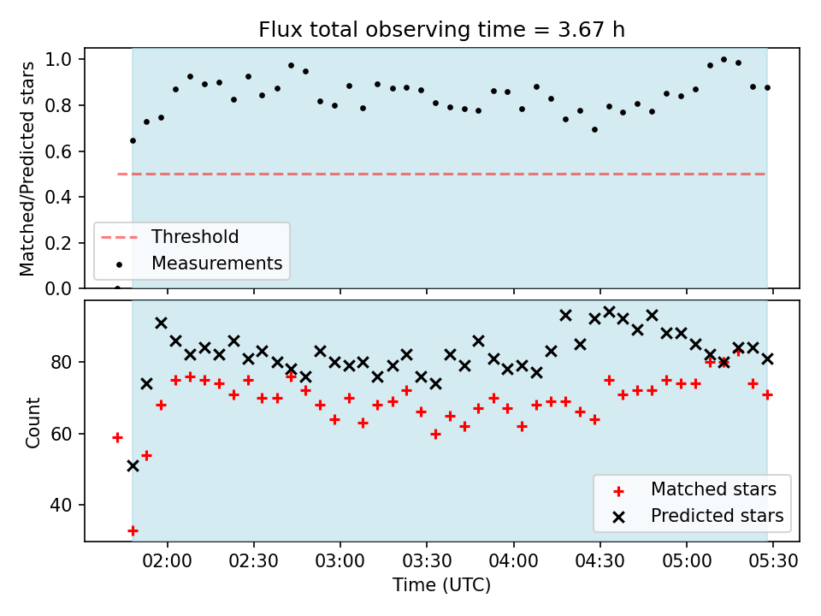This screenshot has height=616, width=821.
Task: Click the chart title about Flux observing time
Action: [x=442, y=29]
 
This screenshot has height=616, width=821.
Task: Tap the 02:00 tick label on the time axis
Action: [x=168, y=561]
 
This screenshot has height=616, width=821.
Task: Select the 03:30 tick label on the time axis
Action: [x=427, y=561]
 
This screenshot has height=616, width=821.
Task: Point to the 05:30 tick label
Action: [x=773, y=561]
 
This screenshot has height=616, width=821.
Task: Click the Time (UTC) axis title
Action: [x=442, y=584]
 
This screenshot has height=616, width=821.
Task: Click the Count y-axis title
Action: [x=32, y=422]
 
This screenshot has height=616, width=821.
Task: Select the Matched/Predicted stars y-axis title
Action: [x=27, y=169]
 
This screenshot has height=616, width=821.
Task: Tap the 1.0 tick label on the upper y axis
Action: [x=58, y=59]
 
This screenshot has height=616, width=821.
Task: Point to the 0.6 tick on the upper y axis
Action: [x=58, y=151]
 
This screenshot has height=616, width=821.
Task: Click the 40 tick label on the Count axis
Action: [x=61, y=505]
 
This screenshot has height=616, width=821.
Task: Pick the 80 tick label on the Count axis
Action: [x=61, y=362]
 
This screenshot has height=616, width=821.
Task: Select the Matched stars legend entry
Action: [x=694, y=489]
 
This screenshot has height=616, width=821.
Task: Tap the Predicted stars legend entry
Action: [x=699, y=516]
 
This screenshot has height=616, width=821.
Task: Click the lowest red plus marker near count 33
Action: [x=133, y=530]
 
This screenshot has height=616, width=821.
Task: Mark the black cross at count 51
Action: [x=133, y=465]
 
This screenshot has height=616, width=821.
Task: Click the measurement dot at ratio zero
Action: [x=117, y=287]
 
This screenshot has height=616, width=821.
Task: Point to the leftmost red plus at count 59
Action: [x=117, y=437]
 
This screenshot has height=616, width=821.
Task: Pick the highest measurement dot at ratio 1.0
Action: [x=724, y=60]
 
